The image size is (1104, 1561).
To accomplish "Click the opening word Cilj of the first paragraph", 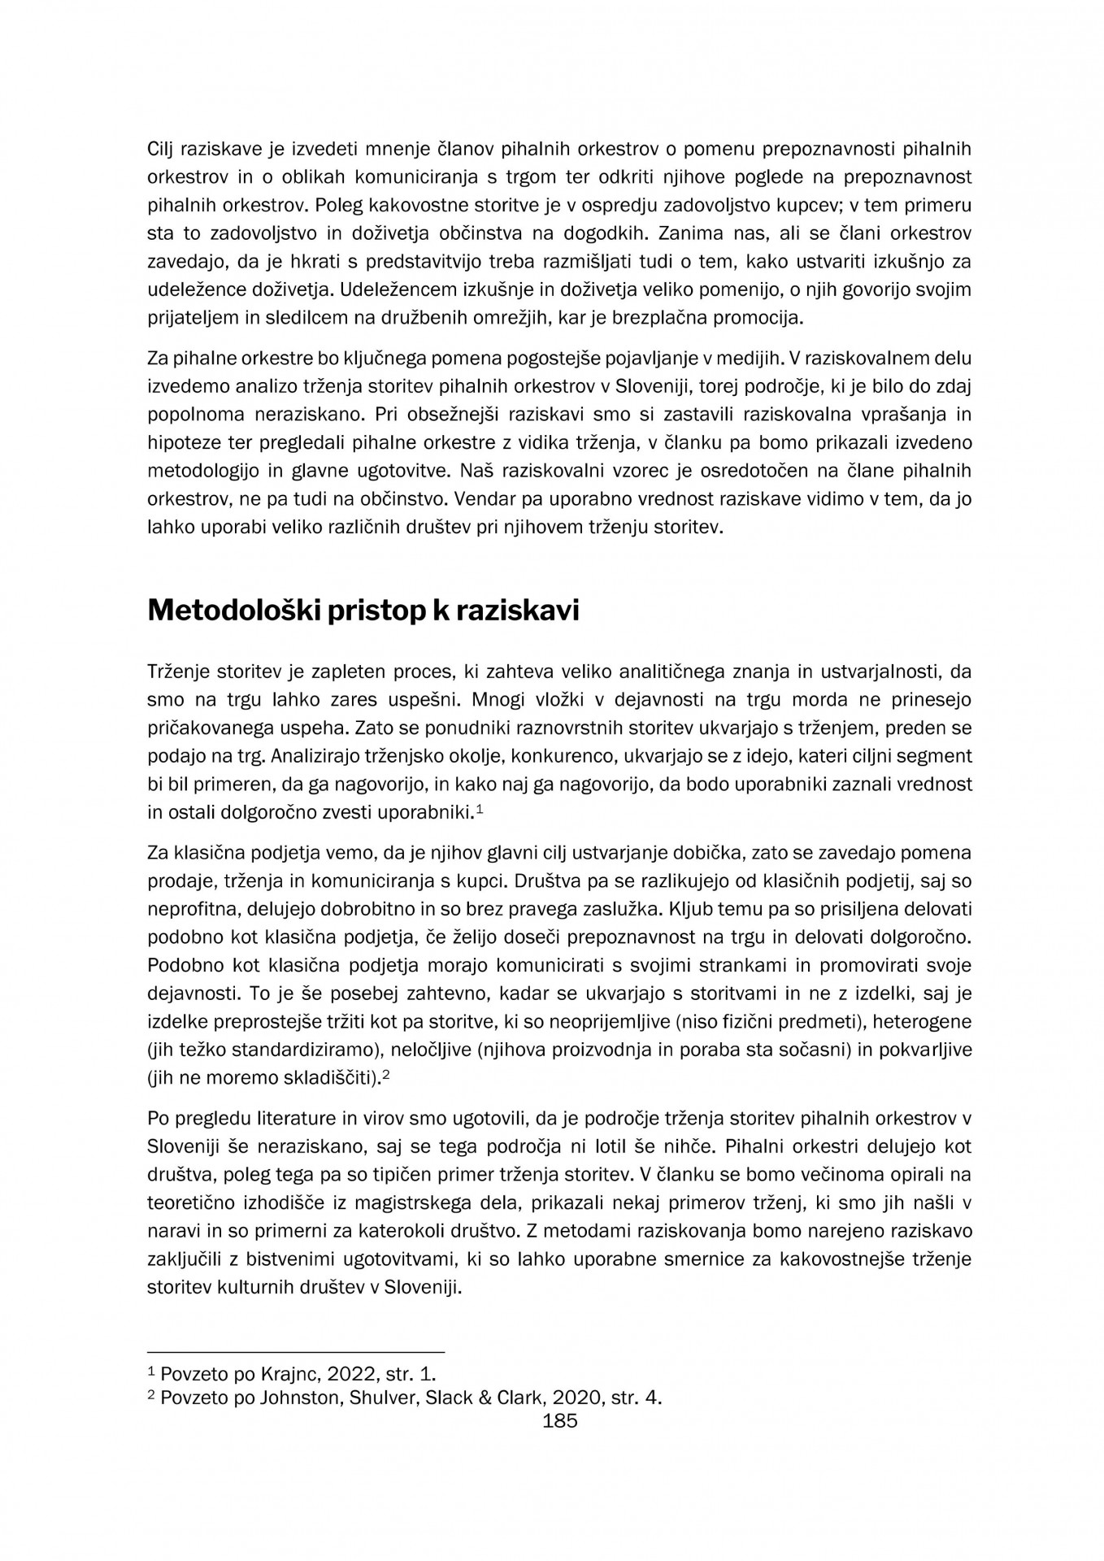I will (164, 150).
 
